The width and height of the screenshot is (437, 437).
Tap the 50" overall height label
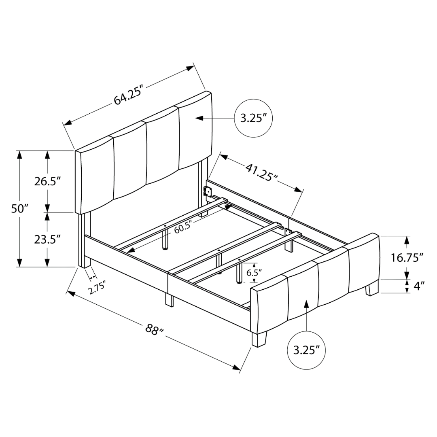click(20, 208)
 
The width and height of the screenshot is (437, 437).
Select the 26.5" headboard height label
click(48, 182)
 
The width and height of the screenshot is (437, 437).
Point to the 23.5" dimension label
click(48, 240)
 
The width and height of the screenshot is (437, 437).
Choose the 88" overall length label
click(155, 330)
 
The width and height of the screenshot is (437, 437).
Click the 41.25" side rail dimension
click(262, 172)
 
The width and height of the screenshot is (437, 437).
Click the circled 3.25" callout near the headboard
click(253, 119)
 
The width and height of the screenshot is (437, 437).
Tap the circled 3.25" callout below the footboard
click(306, 350)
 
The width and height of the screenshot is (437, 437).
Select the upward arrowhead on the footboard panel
click(306, 304)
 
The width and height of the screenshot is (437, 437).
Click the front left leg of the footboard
click(259, 339)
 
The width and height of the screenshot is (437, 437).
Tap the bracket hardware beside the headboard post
click(208, 191)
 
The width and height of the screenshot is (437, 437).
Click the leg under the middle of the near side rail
click(169, 300)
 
